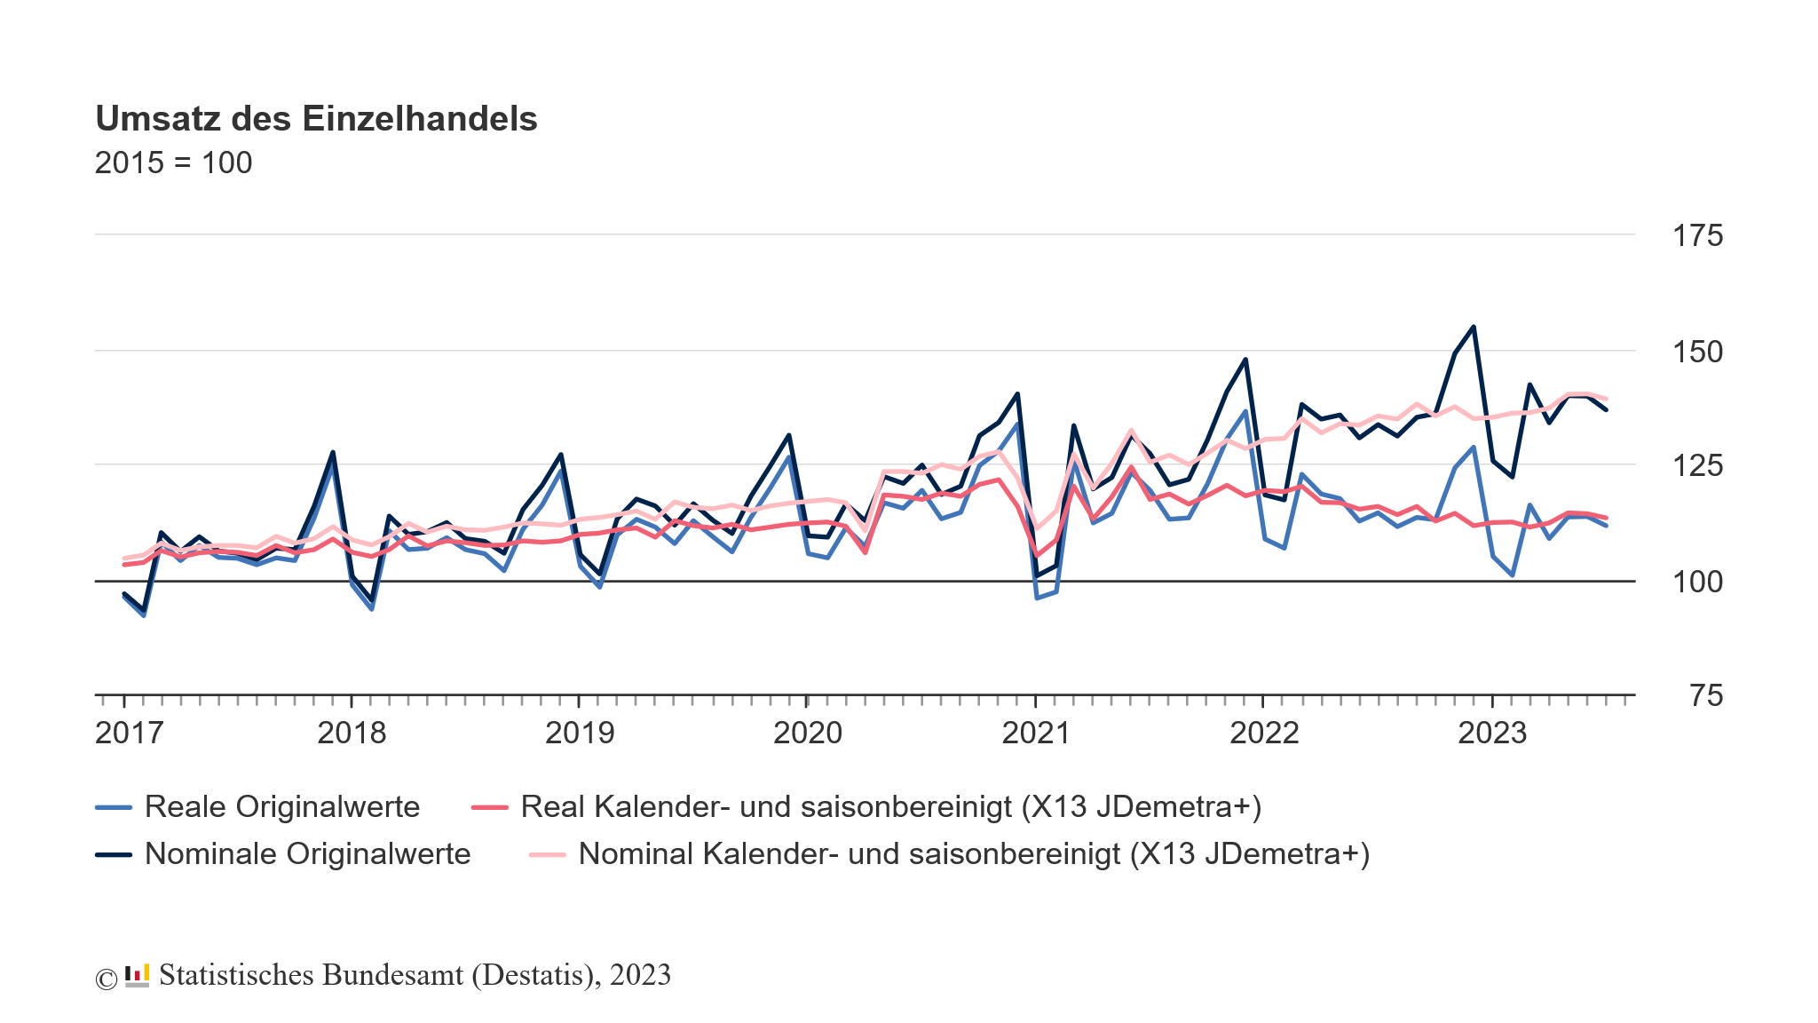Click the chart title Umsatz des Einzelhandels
pyautogui.click(x=316, y=119)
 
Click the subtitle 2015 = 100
pyautogui.click(x=174, y=163)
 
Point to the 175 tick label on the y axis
pyautogui.click(x=1697, y=236)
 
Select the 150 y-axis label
pyautogui.click(x=1697, y=353)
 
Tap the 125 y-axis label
pyautogui.click(x=1697, y=465)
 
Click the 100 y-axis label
pyautogui.click(x=1697, y=583)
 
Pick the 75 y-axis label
pyautogui.click(x=1705, y=696)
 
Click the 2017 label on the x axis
pyautogui.click(x=130, y=734)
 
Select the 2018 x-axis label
pyautogui.click(x=352, y=734)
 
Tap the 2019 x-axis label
pyautogui.click(x=580, y=734)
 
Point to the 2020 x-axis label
pyautogui.click(x=808, y=734)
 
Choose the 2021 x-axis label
pyautogui.click(x=1036, y=734)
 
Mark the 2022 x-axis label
pyautogui.click(x=1264, y=734)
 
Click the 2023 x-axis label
pyautogui.click(x=1492, y=734)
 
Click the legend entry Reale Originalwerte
pyautogui.click(x=281, y=806)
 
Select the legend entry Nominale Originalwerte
pyautogui.click(x=307, y=853)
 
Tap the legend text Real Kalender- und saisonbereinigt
pyautogui.click(x=890, y=806)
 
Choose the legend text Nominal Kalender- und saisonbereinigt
pyautogui.click(x=974, y=853)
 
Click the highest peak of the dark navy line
pyautogui.click(x=1474, y=327)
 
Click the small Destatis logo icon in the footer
pyautogui.click(x=137, y=975)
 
